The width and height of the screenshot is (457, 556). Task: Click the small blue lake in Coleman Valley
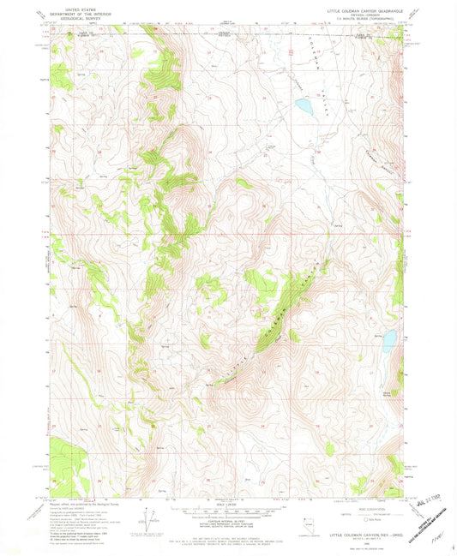303,107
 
